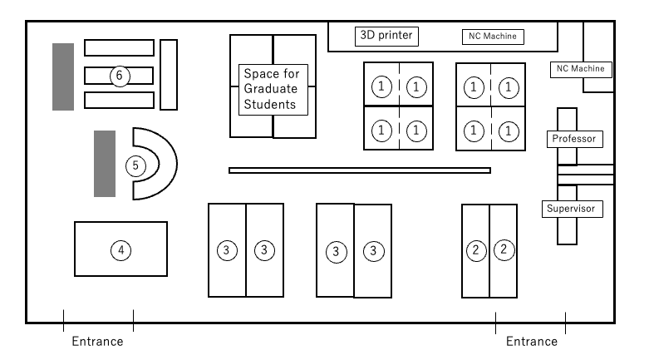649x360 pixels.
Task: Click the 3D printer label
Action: point(386,36)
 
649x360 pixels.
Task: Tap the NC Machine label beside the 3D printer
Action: point(493,37)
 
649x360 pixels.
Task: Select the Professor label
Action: point(574,139)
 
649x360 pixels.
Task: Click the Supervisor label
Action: point(572,209)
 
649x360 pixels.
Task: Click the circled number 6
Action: point(120,76)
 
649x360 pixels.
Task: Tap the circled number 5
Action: point(135,166)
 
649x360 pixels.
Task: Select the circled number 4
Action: point(120,250)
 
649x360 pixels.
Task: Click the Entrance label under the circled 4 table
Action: point(98,342)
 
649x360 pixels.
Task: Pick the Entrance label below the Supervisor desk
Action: point(532,342)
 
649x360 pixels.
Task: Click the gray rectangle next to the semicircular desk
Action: point(105,164)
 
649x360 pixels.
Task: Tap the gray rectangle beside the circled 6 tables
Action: point(63,76)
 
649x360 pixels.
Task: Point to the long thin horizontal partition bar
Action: point(360,170)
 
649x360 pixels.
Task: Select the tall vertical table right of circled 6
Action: point(169,75)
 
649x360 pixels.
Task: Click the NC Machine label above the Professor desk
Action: point(581,69)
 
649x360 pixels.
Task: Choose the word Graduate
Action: point(271,89)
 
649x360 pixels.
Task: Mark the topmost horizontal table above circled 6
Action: point(119,47)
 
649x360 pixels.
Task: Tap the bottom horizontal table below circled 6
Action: point(119,101)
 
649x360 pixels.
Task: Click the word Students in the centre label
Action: point(270,105)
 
